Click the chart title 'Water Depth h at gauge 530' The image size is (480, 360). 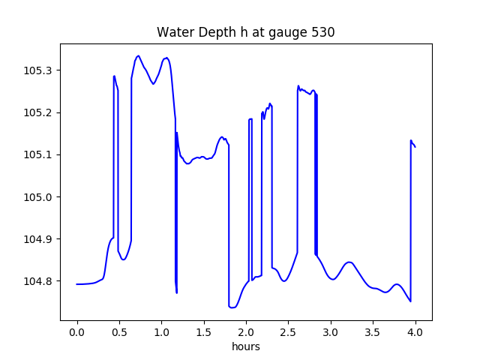click(x=245, y=32)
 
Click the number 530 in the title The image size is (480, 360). click(x=324, y=32)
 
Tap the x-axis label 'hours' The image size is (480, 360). click(x=246, y=347)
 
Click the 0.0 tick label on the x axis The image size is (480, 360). click(x=77, y=331)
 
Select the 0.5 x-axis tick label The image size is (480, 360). click(x=119, y=331)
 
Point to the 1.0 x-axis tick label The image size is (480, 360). click(x=161, y=331)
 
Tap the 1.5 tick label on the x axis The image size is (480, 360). click(x=204, y=331)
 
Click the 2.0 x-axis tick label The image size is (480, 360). click(x=246, y=331)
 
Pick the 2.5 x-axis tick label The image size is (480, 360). click(x=288, y=331)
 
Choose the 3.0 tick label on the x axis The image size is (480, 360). click(x=331, y=331)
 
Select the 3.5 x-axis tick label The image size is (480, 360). click(x=373, y=331)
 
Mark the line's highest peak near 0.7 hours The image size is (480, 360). click(x=138, y=55)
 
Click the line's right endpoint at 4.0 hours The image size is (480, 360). click(x=415, y=146)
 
